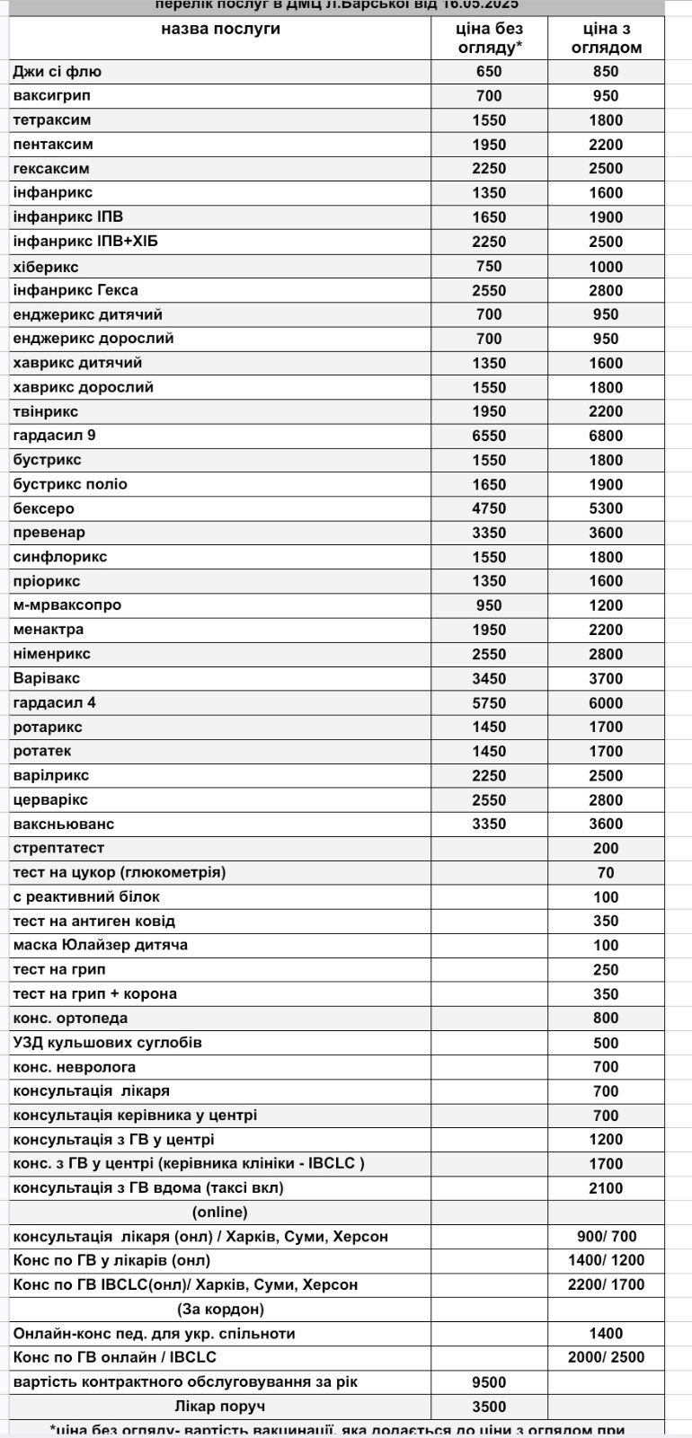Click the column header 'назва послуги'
(x=220, y=29)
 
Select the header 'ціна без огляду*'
(x=489, y=38)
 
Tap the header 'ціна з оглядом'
(x=606, y=38)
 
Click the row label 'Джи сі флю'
(x=58, y=72)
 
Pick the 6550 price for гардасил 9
(x=489, y=436)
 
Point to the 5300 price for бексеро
(x=606, y=508)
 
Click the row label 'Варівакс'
(x=47, y=678)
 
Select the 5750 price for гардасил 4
(x=489, y=703)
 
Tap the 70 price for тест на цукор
(x=606, y=872)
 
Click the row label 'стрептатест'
(x=58, y=848)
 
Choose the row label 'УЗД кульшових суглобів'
(x=108, y=1043)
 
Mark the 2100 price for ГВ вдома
(x=606, y=1188)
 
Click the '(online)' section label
(x=220, y=1213)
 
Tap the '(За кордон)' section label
(x=220, y=1309)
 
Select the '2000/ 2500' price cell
(x=606, y=1357)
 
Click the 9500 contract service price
(x=489, y=1382)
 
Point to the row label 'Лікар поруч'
(x=220, y=1407)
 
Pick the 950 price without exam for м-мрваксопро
(x=489, y=605)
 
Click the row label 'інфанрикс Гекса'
(x=75, y=290)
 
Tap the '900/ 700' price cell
(x=606, y=1237)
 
